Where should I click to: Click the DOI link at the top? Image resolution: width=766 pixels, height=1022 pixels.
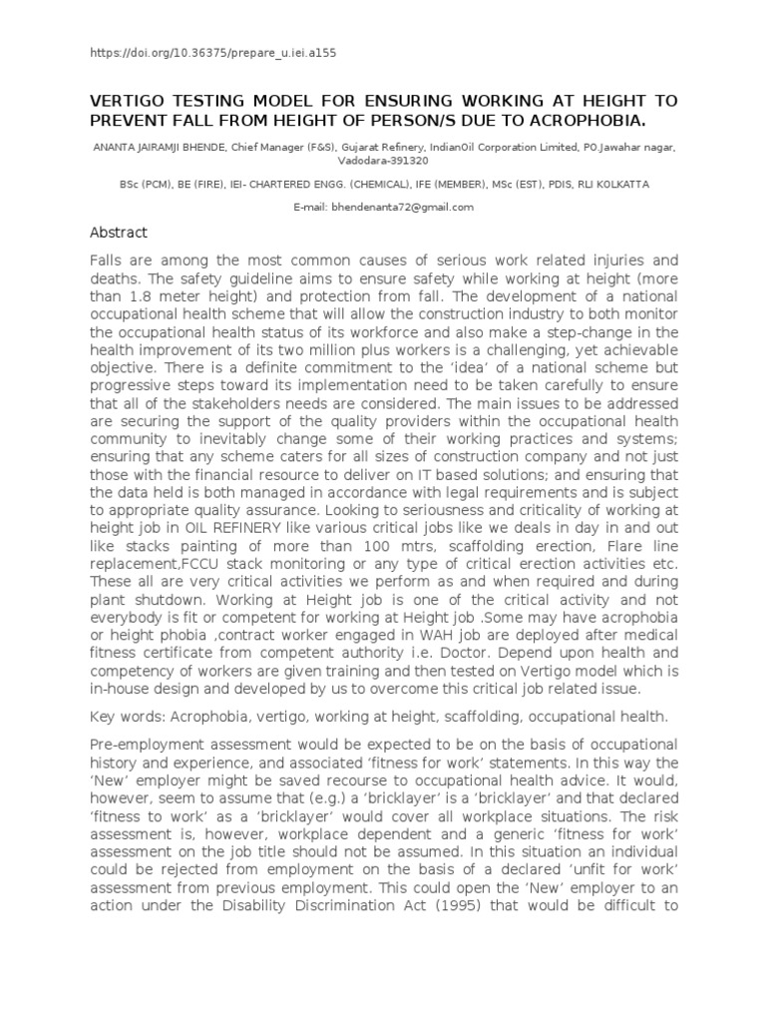[x=219, y=52]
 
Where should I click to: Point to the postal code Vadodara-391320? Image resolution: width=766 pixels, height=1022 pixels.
[x=383, y=160]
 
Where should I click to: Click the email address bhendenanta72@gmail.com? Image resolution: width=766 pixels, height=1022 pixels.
[x=383, y=207]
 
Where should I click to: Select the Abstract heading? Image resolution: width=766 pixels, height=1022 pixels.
[x=119, y=233]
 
